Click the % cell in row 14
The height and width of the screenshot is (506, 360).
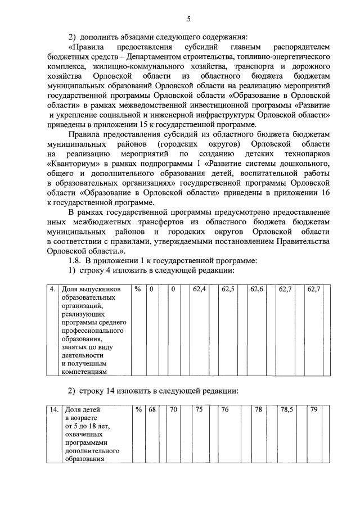click(x=138, y=410)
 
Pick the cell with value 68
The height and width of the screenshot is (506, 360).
click(x=152, y=410)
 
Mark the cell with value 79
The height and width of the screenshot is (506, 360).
click(x=314, y=410)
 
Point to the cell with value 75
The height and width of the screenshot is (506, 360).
click(x=199, y=410)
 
